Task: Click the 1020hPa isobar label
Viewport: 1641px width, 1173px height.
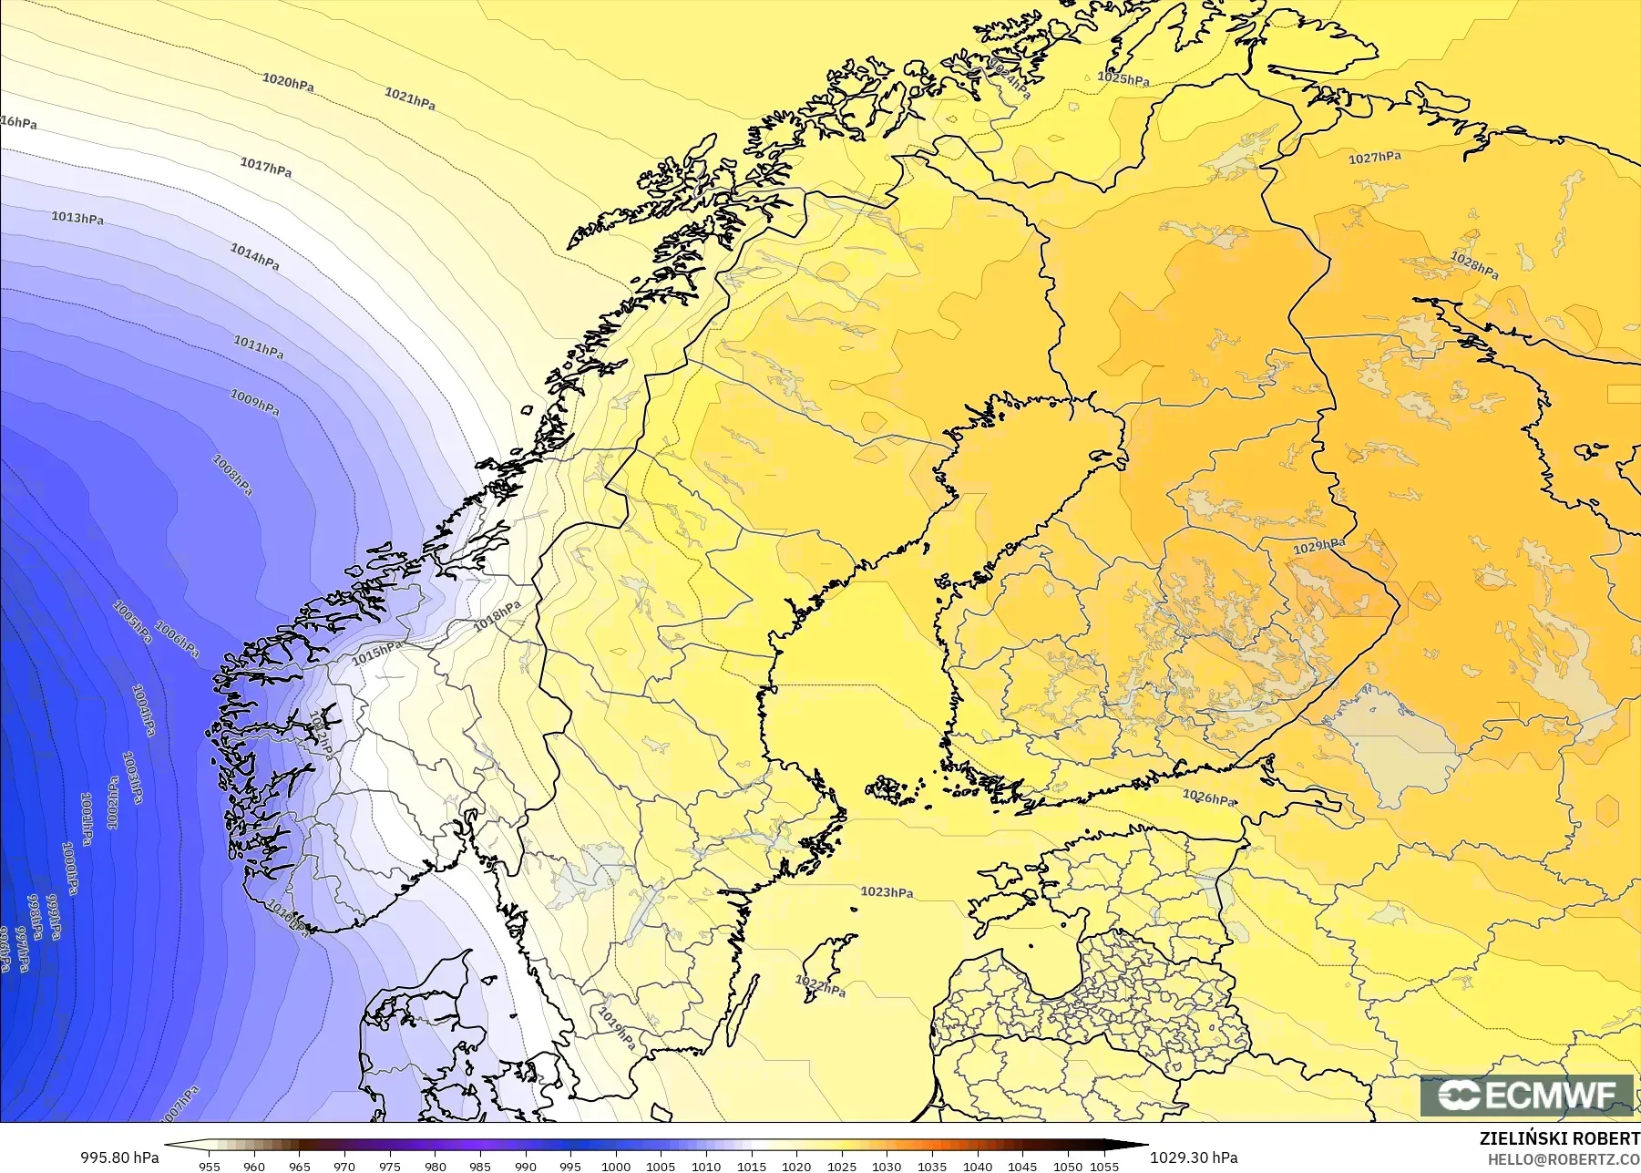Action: [288, 82]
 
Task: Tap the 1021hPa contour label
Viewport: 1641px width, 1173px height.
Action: [409, 98]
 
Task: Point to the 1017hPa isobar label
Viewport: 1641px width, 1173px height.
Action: [265, 167]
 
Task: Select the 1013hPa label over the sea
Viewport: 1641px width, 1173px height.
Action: [77, 218]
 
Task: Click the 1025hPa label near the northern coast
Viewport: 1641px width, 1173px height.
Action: [1123, 78]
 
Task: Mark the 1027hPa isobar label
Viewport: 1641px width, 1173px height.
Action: [1374, 158]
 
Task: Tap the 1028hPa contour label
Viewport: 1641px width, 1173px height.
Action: [1473, 264]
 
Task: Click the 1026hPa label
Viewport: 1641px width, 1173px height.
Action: [1208, 797]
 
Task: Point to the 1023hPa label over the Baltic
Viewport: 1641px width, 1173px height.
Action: [887, 891]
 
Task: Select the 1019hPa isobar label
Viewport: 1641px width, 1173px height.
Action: [617, 1028]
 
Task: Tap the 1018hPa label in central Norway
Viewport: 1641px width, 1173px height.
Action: [497, 616]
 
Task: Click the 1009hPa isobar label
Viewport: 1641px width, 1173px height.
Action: [254, 402]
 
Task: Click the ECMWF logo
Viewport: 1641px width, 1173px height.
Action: [1526, 1095]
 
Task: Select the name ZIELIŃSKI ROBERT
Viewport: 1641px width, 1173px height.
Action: [1559, 1138]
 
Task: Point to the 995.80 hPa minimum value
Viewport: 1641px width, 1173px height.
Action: [119, 1158]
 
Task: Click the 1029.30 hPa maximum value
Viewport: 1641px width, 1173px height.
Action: [1194, 1158]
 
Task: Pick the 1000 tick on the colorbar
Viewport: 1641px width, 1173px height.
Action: [615, 1166]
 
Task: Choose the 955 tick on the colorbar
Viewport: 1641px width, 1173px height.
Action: [210, 1166]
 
